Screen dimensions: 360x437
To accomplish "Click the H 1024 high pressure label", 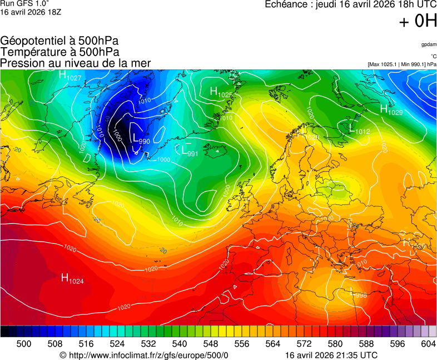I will [72, 278].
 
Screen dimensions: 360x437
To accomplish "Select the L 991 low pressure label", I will [190, 150].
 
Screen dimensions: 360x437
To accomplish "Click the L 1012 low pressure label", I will [359, 128].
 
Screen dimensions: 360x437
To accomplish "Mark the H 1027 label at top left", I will [70, 76].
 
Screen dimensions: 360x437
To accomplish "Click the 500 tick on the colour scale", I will [23, 344].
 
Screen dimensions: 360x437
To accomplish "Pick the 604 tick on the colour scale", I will [428, 344].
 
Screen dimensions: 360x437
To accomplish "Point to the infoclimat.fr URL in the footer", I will [148, 355].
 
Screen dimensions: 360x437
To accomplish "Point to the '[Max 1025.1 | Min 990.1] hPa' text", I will [402, 64].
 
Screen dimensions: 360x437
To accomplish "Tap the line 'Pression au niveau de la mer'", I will [76, 63].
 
